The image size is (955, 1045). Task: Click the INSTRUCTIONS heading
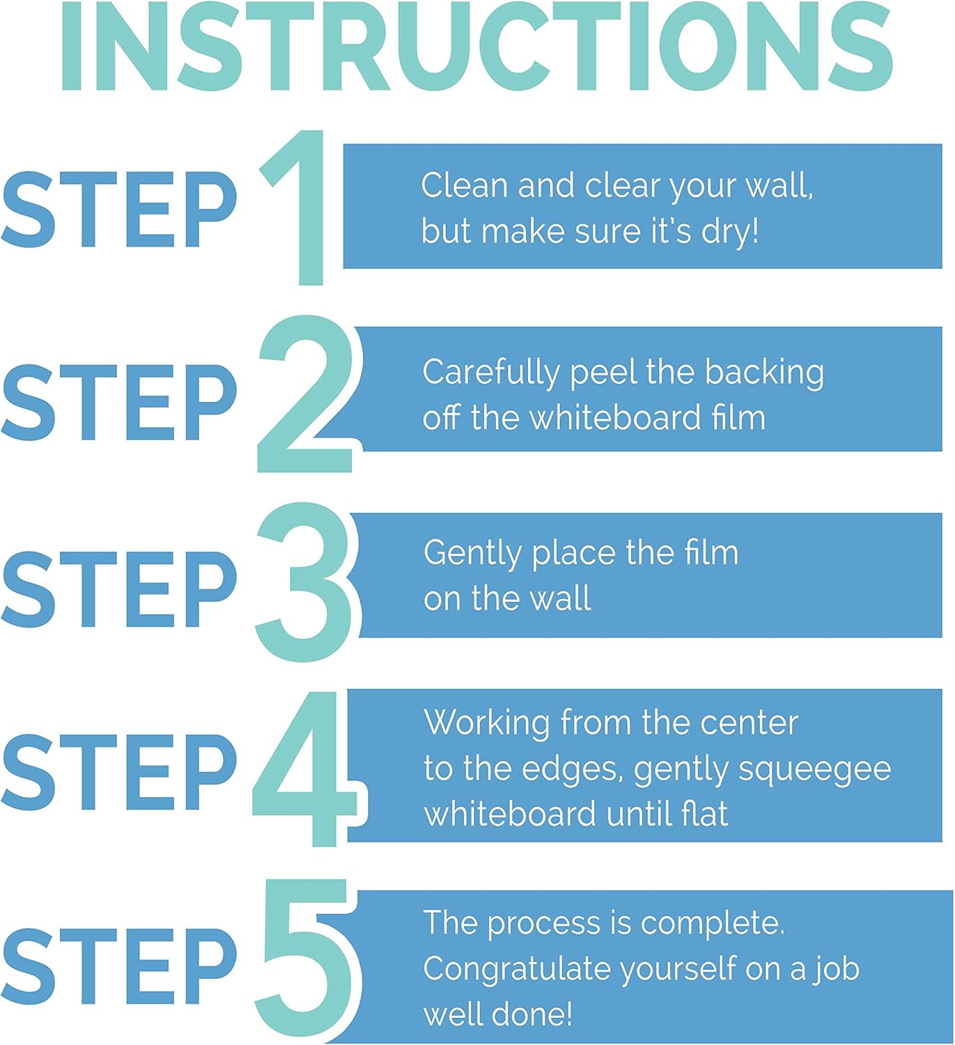click(477, 46)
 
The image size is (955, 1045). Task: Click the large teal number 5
click(306, 959)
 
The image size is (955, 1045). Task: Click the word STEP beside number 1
click(119, 209)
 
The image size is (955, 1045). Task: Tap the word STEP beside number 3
click(119, 589)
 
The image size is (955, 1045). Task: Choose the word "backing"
click(764, 373)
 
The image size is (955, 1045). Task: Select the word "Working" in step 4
click(487, 723)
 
